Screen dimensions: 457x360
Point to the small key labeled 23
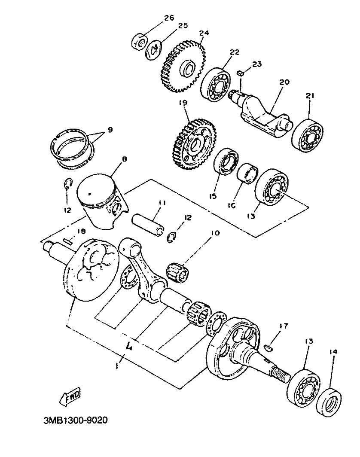point(241,73)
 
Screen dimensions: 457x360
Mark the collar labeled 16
point(247,174)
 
